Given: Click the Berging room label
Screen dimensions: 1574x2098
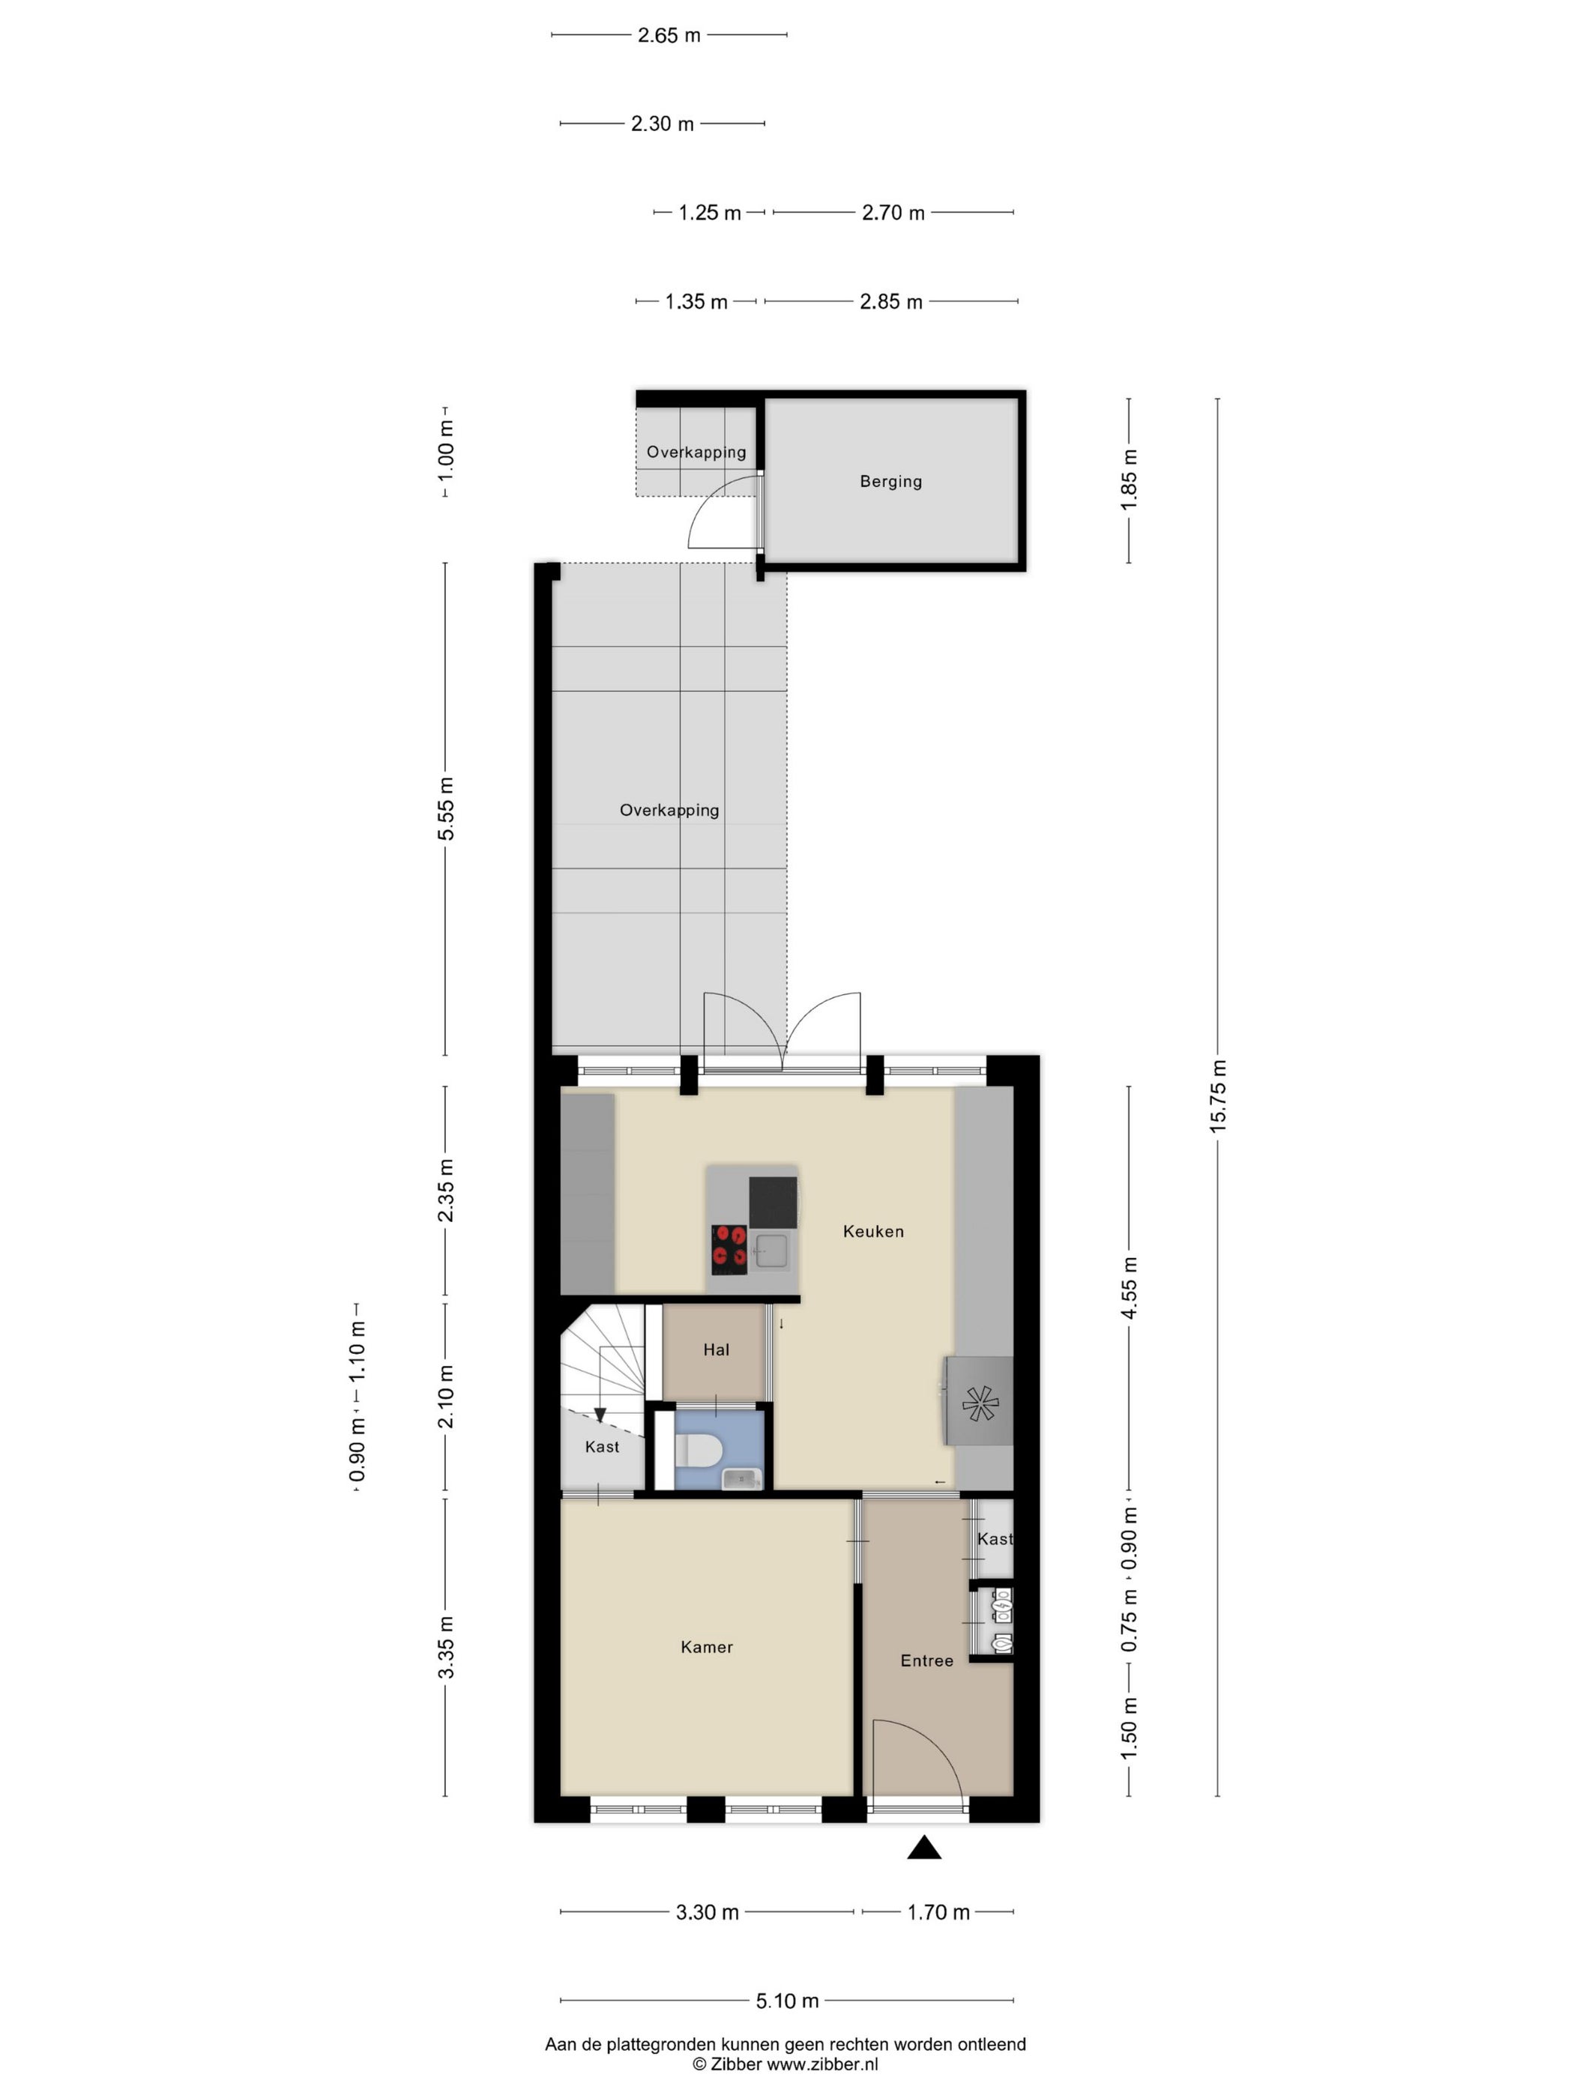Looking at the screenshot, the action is coord(890,482).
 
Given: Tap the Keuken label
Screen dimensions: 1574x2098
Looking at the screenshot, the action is coord(873,1231).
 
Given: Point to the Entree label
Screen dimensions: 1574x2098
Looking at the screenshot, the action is coord(926,1660).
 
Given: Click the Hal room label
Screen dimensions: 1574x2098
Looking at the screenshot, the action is coord(717,1349).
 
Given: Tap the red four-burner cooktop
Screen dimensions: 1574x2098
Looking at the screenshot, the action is coord(729,1250).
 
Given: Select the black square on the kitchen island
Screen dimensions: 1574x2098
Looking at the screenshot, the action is coord(772,1202).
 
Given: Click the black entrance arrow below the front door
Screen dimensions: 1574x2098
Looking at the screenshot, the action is coord(924,1847).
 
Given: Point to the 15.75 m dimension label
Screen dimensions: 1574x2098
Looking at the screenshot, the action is coord(1218,1096).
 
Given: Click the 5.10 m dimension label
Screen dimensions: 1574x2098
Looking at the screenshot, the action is coord(786,2001).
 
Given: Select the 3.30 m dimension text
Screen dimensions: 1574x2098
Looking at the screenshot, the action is coord(707,1912).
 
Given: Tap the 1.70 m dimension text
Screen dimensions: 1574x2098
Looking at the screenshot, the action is coord(938,1912).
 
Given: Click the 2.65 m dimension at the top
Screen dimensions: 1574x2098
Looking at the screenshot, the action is coord(669,35).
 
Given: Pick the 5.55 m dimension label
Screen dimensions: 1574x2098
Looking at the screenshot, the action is coord(446,808).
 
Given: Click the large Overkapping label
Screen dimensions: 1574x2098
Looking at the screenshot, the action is coord(669,810).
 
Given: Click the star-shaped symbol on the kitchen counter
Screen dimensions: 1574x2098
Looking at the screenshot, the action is coord(979,1403).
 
